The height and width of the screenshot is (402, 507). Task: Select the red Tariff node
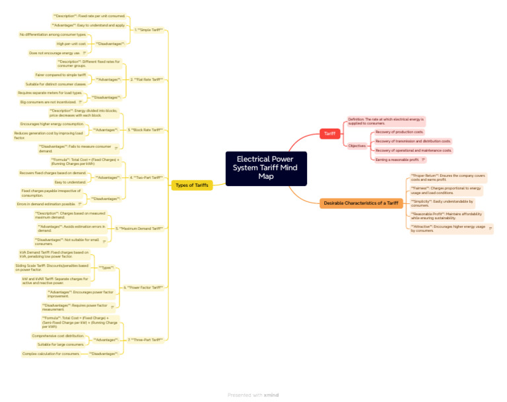329,134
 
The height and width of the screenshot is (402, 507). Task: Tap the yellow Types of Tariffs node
192,185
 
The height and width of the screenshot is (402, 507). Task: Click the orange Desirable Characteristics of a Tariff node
360,203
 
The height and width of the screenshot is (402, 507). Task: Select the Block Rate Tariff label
145,130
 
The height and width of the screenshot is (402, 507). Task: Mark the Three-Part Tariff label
145,339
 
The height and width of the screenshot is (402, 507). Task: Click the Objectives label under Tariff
357,145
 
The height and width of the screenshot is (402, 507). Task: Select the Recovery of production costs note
399,132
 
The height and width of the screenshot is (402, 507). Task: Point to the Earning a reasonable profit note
397,160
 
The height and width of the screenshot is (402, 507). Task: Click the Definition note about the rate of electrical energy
386,121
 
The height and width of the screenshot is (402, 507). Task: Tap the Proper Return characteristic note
448,178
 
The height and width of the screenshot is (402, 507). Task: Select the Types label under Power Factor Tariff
106,267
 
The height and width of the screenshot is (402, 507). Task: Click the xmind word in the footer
271,395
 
